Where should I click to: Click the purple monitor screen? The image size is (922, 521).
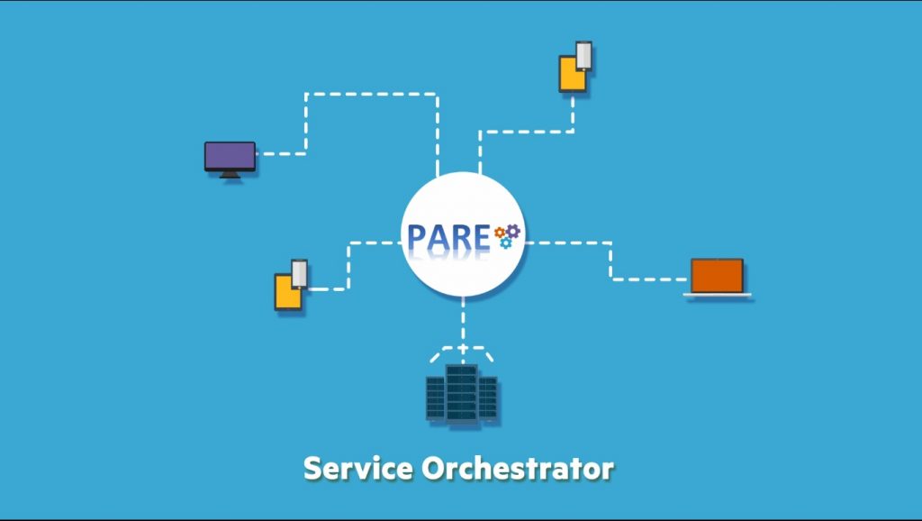click(230, 156)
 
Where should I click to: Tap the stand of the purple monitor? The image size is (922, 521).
click(230, 174)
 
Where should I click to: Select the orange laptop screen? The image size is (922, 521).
click(717, 276)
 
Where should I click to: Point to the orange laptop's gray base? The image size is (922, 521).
click(717, 295)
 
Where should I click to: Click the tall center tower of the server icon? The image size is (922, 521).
click(462, 393)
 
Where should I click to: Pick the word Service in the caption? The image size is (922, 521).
click(358, 469)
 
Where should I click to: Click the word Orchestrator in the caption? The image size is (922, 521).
click(518, 469)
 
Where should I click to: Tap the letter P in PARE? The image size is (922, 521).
click(417, 238)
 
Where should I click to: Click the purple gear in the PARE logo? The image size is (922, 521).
click(513, 231)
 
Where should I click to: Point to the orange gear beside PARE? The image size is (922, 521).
click(500, 233)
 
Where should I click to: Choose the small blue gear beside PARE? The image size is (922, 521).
click(506, 242)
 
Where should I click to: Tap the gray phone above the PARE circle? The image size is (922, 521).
click(583, 56)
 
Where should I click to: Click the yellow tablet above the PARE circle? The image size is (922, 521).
click(572, 75)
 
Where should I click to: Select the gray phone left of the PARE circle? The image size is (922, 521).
click(299, 274)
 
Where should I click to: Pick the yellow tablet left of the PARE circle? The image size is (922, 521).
click(287, 293)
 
